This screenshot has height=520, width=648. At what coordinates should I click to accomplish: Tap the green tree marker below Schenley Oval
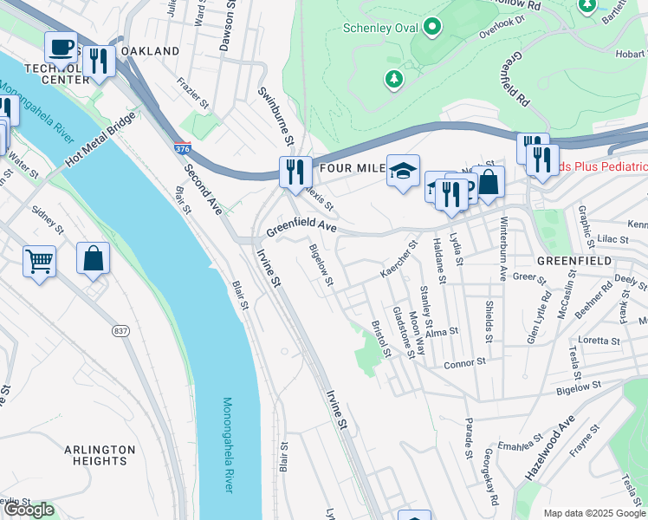395,80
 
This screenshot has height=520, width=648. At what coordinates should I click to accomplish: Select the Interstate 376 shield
182,151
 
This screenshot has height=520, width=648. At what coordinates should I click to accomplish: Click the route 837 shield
120,331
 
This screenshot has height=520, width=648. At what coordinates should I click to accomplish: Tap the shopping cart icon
39,260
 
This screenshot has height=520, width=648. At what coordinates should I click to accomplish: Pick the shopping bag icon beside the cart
94,257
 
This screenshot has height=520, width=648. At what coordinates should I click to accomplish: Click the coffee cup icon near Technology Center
61,47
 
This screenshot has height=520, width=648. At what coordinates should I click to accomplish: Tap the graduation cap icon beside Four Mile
403,170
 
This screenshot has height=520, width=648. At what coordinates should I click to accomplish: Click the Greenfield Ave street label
300,229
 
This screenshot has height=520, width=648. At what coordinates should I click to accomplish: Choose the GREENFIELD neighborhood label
573,261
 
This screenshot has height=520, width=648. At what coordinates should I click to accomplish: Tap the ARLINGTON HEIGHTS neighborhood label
100,455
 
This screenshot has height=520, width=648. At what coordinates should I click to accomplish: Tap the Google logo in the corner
29,510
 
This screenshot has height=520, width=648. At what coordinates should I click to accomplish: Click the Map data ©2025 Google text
593,513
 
